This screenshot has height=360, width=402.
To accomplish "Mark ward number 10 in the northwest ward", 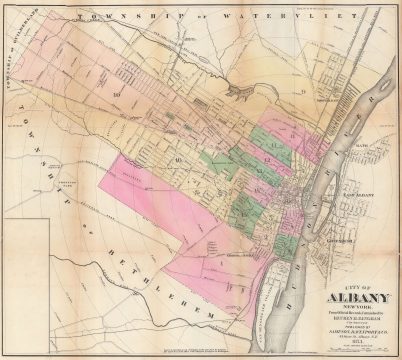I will [117, 92].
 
